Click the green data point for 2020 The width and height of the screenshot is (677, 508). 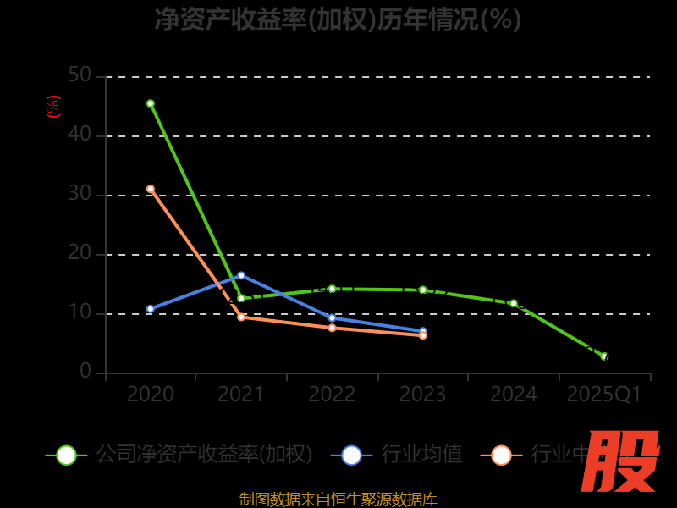[x=151, y=103]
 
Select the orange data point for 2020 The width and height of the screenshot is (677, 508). [x=151, y=189]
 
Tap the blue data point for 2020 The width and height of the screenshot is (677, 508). [x=151, y=309]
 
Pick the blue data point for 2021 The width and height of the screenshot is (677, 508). [x=241, y=275]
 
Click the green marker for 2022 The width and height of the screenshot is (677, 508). [x=332, y=289]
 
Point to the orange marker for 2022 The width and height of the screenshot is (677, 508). [x=332, y=328]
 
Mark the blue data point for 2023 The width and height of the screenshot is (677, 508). [x=423, y=331]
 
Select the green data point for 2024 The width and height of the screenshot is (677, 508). [x=514, y=303]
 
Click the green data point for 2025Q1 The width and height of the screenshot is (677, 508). [x=604, y=356]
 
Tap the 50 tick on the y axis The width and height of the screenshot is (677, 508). [x=80, y=75]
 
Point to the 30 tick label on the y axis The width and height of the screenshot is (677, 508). [x=80, y=194]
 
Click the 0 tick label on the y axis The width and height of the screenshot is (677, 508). [x=85, y=372]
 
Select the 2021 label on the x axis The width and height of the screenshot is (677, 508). [x=241, y=395]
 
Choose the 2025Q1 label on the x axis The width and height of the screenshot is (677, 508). [x=604, y=395]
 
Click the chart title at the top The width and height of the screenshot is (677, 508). [x=338, y=19]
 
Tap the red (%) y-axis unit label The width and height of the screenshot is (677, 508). [x=53, y=108]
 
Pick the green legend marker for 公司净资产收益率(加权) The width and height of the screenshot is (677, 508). [x=66, y=455]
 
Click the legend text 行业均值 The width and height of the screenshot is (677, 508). [x=421, y=455]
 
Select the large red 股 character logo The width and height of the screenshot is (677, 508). [x=622, y=461]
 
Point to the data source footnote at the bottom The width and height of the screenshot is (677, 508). [x=338, y=500]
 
